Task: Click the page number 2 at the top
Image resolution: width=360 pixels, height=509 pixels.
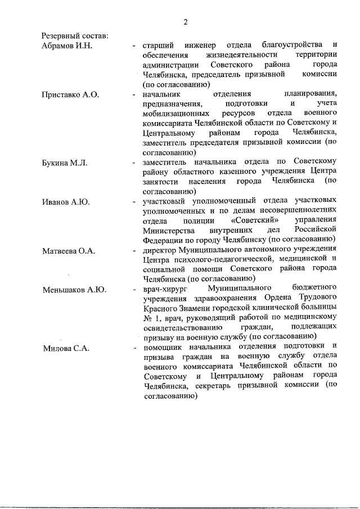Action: [184, 22]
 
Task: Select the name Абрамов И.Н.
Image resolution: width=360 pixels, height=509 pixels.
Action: [67, 45]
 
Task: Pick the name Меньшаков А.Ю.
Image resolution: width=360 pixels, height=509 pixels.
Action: [75, 290]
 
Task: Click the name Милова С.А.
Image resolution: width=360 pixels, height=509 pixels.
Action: [66, 348]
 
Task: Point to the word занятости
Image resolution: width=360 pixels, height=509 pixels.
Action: [161, 182]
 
